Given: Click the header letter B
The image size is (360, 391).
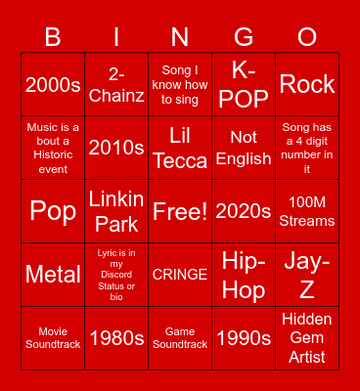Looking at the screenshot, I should coord(53,38).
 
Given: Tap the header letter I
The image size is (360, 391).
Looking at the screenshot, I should coord(116,38).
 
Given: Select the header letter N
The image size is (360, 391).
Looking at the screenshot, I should coord(180,38).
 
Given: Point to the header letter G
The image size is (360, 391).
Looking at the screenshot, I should coord(244,38).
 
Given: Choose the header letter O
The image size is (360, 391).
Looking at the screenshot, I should coord(307,38).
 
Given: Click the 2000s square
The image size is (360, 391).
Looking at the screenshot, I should coord(53,85).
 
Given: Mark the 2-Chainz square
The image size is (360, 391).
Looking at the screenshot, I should coord(116,85).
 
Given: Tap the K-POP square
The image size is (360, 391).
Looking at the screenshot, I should coord(244,85).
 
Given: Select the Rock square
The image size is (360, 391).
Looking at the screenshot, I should coord(307,85).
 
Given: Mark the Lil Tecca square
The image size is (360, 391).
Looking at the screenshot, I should coord(180,148).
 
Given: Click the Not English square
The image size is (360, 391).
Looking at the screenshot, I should coord(244,148).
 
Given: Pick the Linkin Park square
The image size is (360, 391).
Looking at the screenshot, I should coord(116,211).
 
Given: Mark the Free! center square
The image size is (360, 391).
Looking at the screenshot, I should coord(180,211).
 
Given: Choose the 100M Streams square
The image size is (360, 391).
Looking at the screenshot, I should coord(307,211).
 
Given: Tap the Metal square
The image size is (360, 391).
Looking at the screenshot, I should coord(53,275).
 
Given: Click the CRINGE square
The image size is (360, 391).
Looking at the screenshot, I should coord(180,275).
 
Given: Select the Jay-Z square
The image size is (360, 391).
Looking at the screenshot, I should coord(307,275).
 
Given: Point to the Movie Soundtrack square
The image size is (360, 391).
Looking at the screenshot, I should coord(53,338).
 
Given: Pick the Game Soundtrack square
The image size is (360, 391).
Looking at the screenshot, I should coord(180,338).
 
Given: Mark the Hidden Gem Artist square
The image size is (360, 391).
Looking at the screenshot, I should coord(307,338).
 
